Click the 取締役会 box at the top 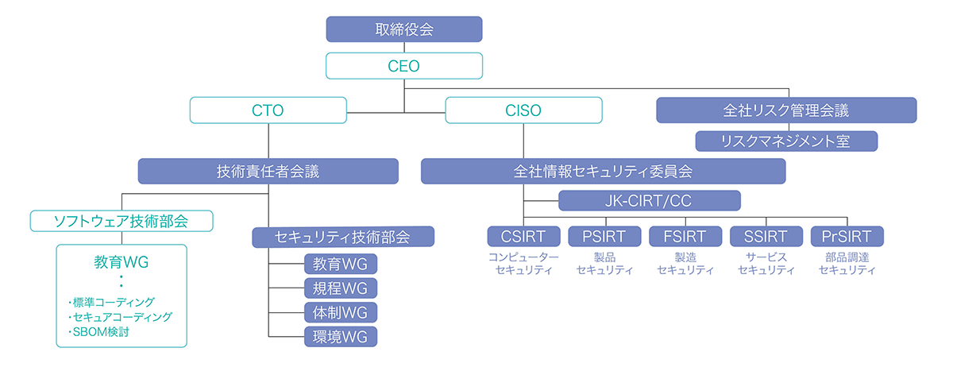coord(404,29)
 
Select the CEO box coord(404,66)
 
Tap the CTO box coord(268,110)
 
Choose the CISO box coord(523,110)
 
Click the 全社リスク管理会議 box coord(787,110)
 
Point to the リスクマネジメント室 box coord(787,141)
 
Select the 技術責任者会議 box coord(268,171)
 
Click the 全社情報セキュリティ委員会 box coord(604,171)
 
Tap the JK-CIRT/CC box coord(650,200)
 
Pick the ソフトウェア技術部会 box coord(122,221)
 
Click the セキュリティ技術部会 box coord(343,237)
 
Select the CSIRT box coord(523,236)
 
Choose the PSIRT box coord(604,236)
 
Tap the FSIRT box coord(685,236)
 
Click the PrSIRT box coord(847,236)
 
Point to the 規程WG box coord(341,288)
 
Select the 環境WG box coord(341,337)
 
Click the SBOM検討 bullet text coord(101,332)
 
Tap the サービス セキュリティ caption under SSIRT coord(766,264)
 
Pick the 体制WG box coord(341,312)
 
